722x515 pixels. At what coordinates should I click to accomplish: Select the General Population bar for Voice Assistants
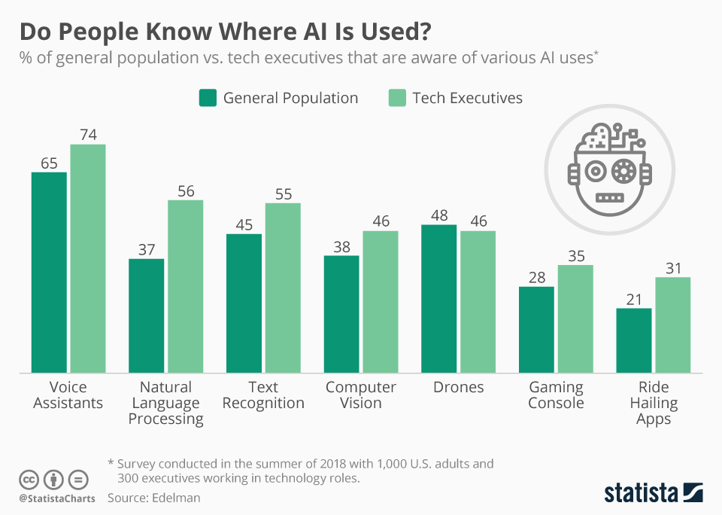click(x=49, y=272)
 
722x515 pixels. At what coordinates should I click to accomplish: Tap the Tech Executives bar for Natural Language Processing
click(x=185, y=286)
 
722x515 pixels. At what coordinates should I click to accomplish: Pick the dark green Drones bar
click(x=439, y=298)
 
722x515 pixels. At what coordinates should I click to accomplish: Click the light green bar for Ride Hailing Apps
click(x=672, y=325)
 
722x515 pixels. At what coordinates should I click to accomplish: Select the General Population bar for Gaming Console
click(x=536, y=329)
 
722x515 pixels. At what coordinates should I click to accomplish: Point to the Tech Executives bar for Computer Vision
click(x=381, y=301)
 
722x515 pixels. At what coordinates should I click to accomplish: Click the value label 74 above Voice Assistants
click(x=88, y=135)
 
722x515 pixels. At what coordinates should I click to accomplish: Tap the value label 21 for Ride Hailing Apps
click(x=633, y=299)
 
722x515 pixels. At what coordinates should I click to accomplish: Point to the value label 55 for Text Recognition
click(x=283, y=194)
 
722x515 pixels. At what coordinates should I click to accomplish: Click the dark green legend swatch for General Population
click(x=208, y=98)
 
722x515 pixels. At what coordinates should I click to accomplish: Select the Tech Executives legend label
click(x=467, y=98)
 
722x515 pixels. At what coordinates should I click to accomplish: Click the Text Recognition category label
click(x=263, y=395)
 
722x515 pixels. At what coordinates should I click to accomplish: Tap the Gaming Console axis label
click(x=556, y=395)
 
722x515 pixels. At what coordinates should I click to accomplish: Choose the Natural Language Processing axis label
click(x=165, y=403)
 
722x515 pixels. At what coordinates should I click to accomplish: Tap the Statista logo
click(x=653, y=493)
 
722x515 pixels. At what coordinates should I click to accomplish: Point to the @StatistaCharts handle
click(x=57, y=498)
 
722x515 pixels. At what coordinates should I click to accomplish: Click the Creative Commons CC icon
click(x=29, y=479)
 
